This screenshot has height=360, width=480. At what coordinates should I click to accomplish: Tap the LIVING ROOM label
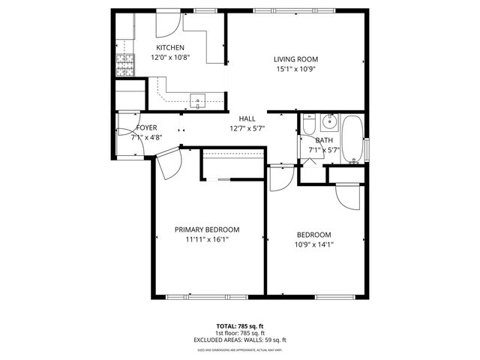(295, 59)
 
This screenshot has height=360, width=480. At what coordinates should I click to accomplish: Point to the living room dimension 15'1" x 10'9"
(295, 69)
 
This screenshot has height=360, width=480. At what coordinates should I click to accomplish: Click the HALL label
(247, 118)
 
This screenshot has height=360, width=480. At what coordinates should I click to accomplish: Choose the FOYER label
(146, 128)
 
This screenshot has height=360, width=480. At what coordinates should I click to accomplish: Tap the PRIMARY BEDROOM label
(207, 229)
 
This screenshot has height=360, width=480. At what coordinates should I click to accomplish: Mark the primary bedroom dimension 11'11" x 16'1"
(207, 240)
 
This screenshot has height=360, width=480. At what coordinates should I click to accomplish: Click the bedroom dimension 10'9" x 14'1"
(314, 244)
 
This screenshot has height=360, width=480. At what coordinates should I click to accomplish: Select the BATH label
(324, 140)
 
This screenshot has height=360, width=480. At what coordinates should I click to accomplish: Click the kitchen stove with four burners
(124, 66)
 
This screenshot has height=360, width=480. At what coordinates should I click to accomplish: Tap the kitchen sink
(198, 99)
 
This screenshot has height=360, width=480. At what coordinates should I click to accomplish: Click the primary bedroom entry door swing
(169, 160)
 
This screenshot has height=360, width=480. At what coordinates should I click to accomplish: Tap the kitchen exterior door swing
(167, 25)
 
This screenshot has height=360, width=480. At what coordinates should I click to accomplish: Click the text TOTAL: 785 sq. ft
(240, 326)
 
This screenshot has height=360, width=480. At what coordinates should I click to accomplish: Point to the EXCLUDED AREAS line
(240, 340)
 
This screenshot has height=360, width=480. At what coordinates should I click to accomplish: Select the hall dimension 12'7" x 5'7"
(247, 128)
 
